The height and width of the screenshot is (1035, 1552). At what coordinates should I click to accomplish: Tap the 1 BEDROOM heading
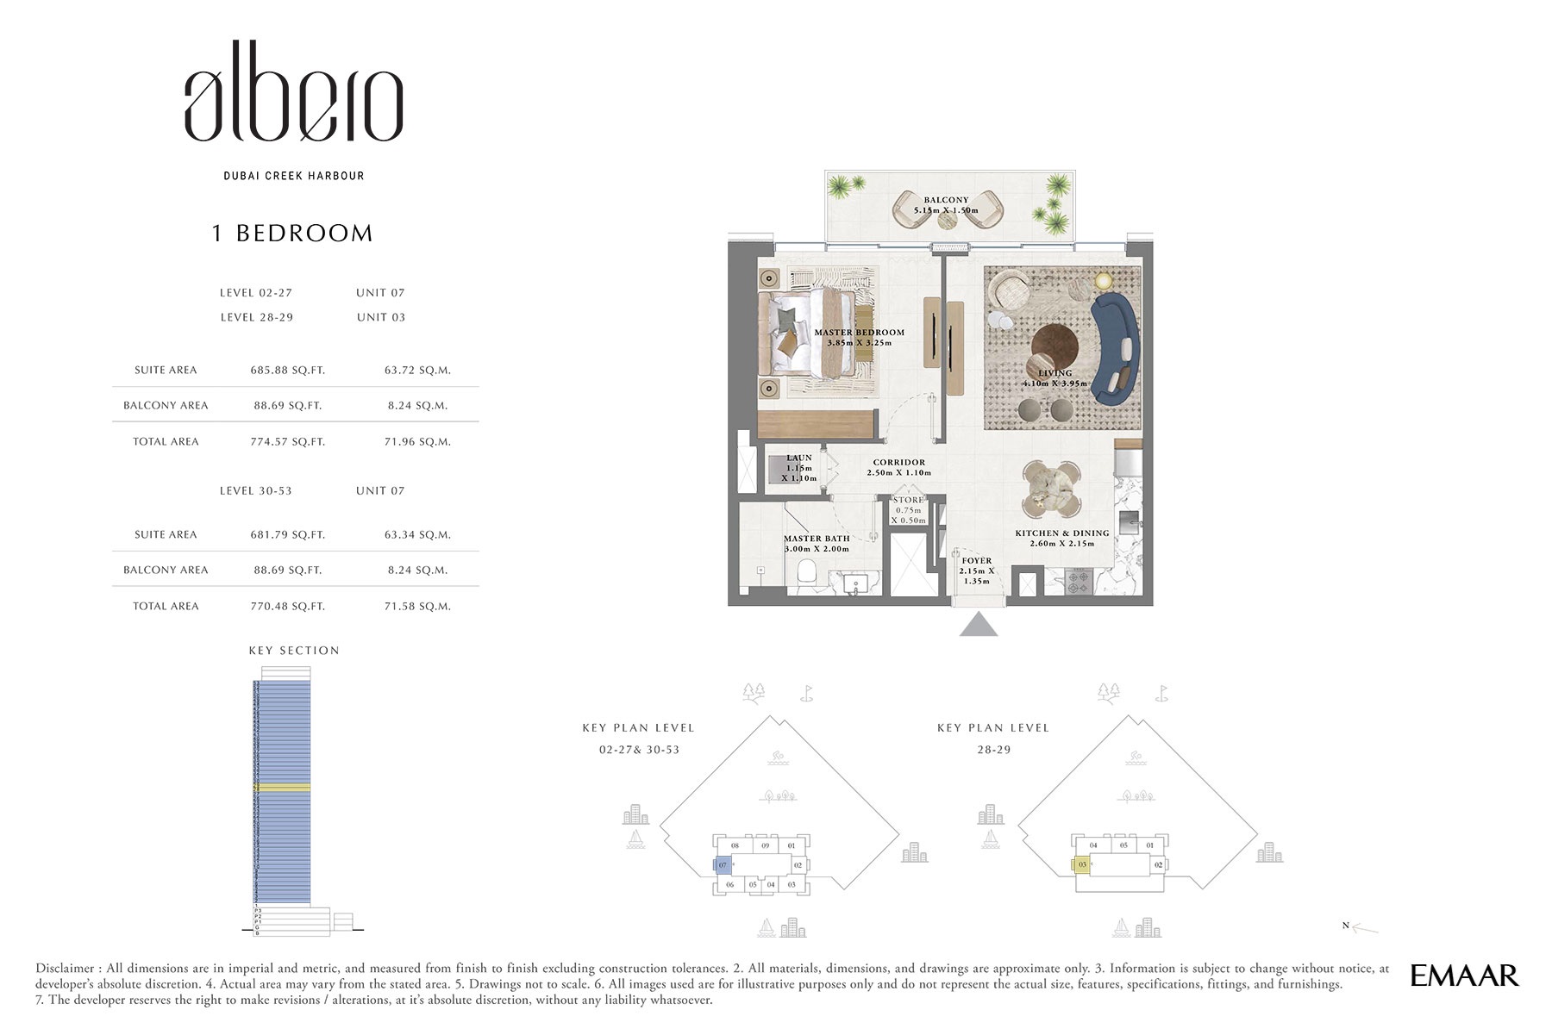292,234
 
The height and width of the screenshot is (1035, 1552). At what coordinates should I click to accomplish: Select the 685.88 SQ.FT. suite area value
287,370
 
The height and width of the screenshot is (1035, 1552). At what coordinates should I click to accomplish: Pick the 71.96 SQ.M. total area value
417,441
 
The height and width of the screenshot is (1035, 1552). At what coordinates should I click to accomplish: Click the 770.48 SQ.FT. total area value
287,606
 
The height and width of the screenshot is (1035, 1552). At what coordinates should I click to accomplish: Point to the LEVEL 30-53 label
255,490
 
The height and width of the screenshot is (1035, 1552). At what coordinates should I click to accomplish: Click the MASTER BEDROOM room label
859,333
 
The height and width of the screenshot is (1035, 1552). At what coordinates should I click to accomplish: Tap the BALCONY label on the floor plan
946,200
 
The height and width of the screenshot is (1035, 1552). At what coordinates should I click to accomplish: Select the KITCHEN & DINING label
1061,533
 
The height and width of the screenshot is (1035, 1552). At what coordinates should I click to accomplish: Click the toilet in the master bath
808,573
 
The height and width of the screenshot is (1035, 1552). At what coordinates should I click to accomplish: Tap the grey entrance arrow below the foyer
979,625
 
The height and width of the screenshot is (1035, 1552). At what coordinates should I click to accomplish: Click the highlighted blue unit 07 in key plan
723,865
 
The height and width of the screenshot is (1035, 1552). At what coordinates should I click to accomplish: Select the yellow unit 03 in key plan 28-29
1081,864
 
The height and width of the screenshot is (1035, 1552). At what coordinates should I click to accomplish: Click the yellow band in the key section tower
282,788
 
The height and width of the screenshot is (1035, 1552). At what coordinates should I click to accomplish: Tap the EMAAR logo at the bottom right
1463,976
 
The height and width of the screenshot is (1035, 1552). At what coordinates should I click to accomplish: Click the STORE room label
908,500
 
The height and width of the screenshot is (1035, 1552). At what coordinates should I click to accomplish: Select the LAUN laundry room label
798,458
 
